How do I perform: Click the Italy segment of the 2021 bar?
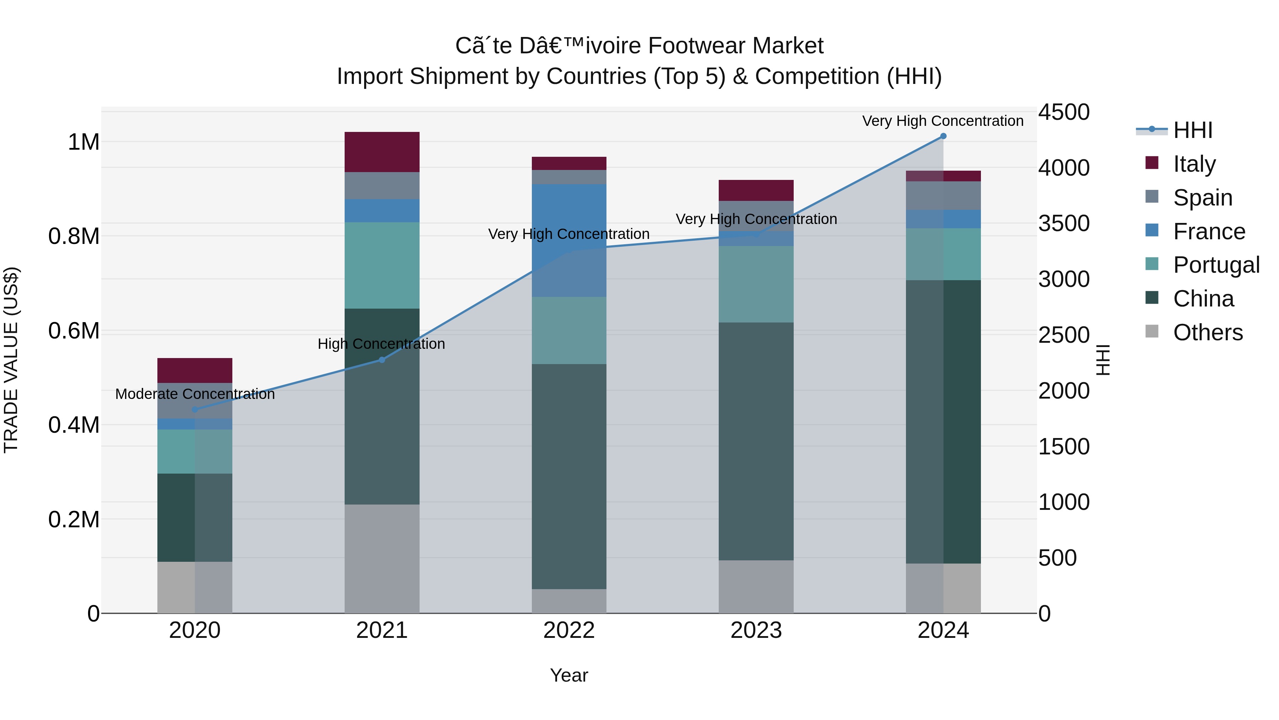click(382, 152)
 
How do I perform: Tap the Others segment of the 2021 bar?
click(382, 559)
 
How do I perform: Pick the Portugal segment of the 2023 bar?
click(756, 284)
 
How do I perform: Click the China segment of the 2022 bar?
click(569, 476)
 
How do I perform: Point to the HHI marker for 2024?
click(943, 136)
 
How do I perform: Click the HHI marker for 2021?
click(382, 360)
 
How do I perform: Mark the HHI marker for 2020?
click(195, 410)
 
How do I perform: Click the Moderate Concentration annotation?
click(195, 394)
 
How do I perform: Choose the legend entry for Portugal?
click(1216, 265)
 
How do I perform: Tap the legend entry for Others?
click(1208, 332)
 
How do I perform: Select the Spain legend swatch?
click(1151, 197)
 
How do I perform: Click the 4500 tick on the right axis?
click(1063, 112)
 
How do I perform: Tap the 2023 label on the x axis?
click(756, 630)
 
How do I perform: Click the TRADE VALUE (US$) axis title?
click(11, 360)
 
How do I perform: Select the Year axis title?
click(569, 675)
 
